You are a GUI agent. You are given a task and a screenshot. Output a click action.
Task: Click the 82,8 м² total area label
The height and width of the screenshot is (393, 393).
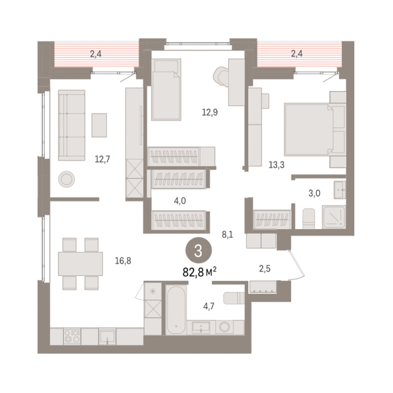(x=200, y=272)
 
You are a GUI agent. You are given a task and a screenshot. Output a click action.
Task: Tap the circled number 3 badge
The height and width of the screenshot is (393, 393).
(x=199, y=251)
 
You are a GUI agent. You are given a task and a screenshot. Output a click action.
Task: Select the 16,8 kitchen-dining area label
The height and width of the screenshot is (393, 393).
(x=123, y=261)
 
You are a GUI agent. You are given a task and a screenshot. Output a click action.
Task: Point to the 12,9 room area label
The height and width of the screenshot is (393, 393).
(x=210, y=112)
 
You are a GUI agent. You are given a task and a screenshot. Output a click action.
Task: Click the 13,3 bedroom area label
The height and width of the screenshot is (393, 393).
(x=276, y=165)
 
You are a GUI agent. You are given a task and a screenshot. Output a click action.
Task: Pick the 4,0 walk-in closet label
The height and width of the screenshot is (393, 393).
(x=180, y=201)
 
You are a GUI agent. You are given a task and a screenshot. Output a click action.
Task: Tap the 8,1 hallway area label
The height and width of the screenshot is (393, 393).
(x=227, y=234)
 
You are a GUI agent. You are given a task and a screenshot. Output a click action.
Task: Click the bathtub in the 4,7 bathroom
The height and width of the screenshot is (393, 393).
(x=176, y=310)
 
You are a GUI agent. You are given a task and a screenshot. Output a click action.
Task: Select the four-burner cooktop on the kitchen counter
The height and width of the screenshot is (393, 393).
(x=72, y=336)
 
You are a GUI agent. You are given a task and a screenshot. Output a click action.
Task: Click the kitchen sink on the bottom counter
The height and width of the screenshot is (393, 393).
(x=107, y=336)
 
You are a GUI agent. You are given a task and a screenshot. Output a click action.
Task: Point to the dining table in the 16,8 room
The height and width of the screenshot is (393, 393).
(x=80, y=264)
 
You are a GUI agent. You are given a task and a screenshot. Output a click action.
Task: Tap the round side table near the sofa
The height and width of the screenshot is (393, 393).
(x=67, y=179)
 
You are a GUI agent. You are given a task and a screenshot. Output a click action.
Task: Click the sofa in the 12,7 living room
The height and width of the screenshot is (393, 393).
(x=72, y=125)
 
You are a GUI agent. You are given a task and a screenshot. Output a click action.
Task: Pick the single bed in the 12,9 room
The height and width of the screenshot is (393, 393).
(x=166, y=90)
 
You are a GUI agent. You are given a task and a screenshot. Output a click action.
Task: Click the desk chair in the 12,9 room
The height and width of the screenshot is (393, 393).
(x=221, y=76)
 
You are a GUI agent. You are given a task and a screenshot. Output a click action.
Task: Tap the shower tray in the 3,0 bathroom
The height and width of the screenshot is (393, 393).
(x=334, y=217)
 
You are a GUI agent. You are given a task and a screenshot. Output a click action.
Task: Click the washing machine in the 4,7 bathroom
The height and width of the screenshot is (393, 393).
(x=224, y=327)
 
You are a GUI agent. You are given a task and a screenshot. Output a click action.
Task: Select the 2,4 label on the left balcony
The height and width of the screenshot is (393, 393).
(x=96, y=54)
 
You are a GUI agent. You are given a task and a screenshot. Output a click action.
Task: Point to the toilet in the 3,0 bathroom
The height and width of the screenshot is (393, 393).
(x=309, y=219)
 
